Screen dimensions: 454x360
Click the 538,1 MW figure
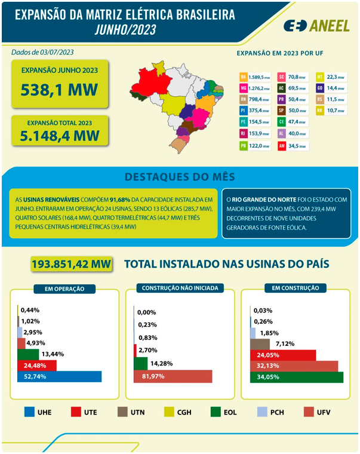[x=59, y=90]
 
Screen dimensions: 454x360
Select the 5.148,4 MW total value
[x=59, y=134]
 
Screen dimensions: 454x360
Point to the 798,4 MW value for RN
[x=259, y=100]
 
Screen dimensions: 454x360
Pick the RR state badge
[x=320, y=111]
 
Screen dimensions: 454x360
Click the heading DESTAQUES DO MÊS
[x=180, y=177]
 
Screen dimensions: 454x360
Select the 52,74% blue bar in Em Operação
[x=60, y=376]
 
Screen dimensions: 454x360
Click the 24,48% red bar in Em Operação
[x=37, y=365]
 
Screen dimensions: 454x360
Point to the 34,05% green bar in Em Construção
[x=297, y=377]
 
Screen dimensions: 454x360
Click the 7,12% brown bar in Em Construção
[x=260, y=343]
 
